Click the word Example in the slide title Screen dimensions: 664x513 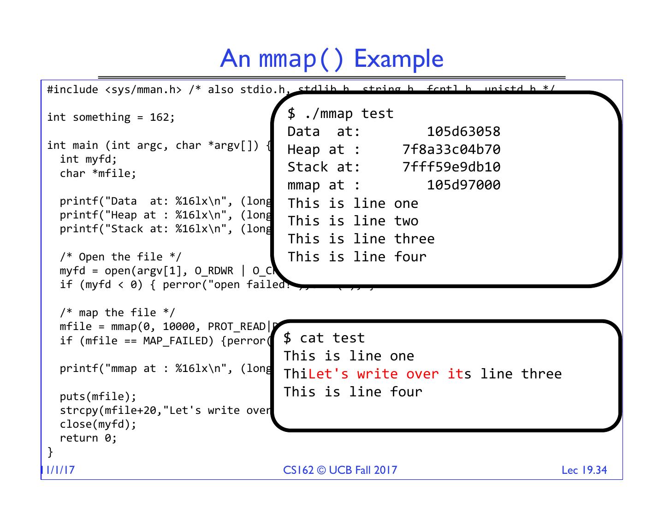pos(398,59)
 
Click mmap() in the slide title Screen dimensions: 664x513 pos(302,59)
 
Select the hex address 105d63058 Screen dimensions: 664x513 pos(463,131)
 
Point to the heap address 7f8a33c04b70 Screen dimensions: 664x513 pos(451,149)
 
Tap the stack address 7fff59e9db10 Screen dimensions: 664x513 pos(451,167)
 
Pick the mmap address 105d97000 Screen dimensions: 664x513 pos(463,185)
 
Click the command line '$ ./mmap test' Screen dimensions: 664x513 pos(340,113)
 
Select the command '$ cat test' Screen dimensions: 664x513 pos(324,338)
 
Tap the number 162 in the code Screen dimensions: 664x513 pos(160,118)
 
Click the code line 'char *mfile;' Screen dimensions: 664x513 pos(98,173)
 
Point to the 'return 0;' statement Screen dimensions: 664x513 pos(88,438)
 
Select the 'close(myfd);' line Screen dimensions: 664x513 pos(98,424)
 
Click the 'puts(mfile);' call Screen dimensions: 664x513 pos(98,396)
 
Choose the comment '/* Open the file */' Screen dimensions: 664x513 pos(120,257)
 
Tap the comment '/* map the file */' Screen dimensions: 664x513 pos(117,313)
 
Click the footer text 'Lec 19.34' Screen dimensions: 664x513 pos(584,470)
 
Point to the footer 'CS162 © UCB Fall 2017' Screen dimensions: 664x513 pos(340,470)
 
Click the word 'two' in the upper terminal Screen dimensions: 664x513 pos(406,221)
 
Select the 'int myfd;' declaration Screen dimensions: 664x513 pos(88,159)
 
